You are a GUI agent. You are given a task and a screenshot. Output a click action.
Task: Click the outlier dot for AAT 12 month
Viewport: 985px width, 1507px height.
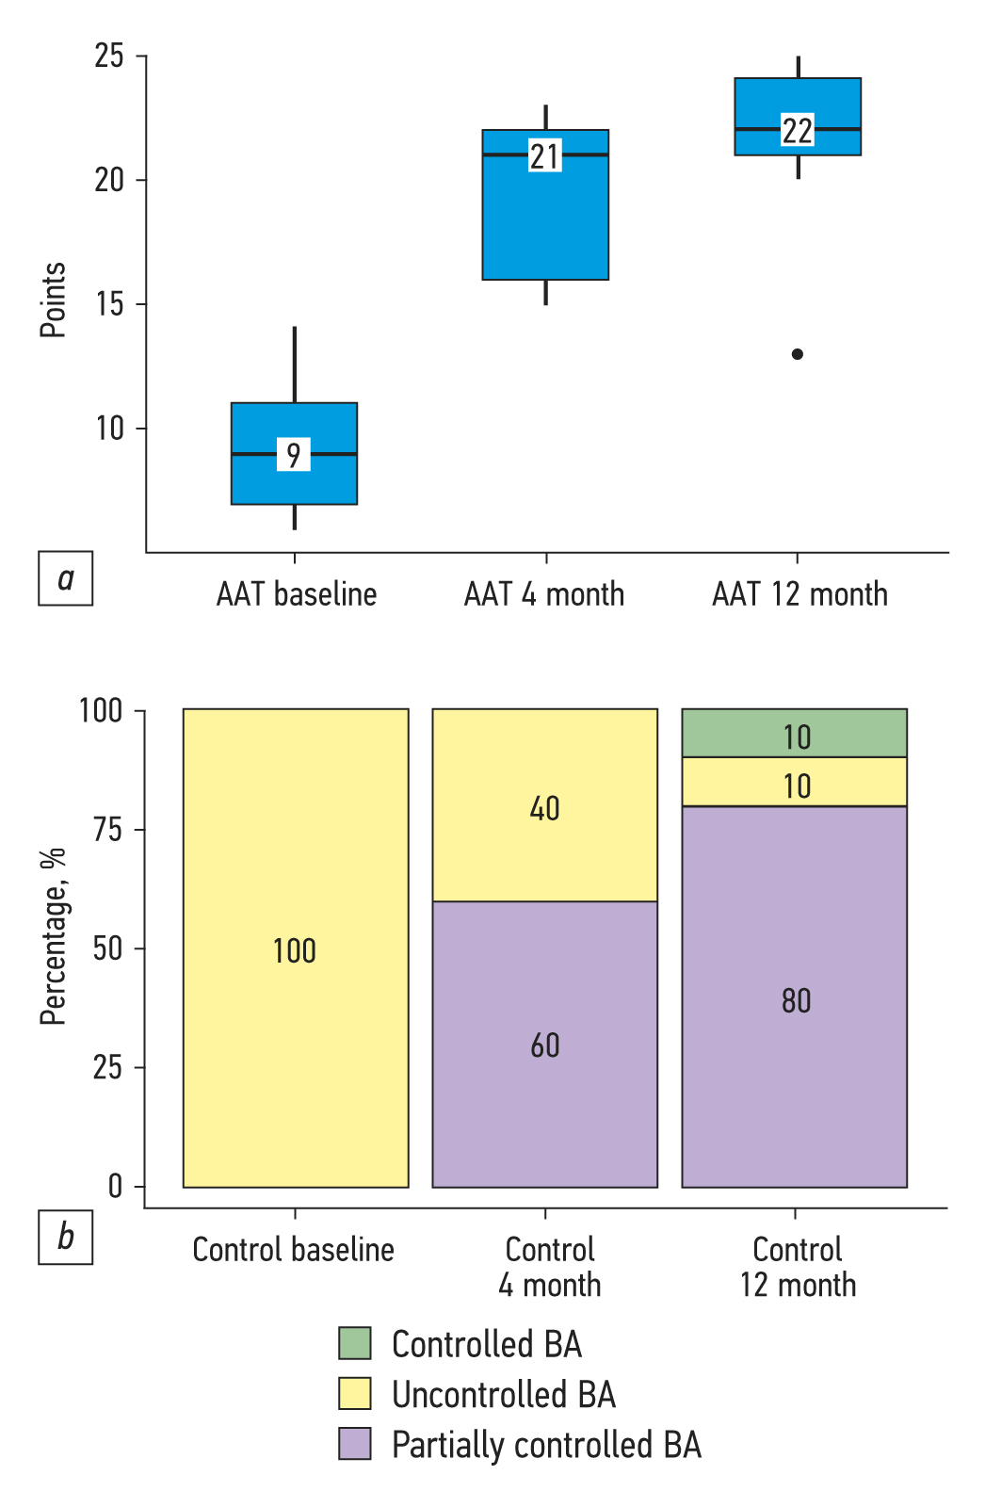pyautogui.click(x=798, y=354)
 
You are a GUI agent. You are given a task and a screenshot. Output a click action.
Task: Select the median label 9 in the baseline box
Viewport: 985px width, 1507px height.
pyautogui.click(x=294, y=455)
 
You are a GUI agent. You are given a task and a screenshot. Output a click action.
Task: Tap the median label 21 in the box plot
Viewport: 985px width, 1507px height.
pyautogui.click(x=545, y=156)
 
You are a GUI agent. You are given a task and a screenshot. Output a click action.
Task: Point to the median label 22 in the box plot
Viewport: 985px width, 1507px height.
pyautogui.click(x=798, y=131)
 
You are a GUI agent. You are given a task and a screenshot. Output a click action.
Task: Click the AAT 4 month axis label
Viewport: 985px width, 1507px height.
pyautogui.click(x=544, y=594)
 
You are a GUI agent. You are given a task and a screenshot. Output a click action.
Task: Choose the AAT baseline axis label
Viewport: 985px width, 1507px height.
pyautogui.click(x=297, y=594)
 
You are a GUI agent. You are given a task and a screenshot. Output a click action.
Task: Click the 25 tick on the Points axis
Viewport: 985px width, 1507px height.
pyautogui.click(x=109, y=57)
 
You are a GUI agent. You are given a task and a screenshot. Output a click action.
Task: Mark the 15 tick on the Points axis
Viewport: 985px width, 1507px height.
pyautogui.click(x=109, y=304)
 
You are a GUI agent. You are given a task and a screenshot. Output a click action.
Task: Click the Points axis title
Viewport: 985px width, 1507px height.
pyautogui.click(x=53, y=300)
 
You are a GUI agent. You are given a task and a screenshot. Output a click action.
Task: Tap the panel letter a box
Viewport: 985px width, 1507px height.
pyautogui.click(x=65, y=578)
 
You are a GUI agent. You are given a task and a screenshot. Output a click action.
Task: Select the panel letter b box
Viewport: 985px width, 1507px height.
pyautogui.click(x=65, y=1237)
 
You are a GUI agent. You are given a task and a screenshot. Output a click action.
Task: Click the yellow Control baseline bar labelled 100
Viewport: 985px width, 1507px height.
pyautogui.click(x=295, y=949)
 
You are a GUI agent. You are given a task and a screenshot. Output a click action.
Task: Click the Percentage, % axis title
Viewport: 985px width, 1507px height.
pyautogui.click(x=53, y=935)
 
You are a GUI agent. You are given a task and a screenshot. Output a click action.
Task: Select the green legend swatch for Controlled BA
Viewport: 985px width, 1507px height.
pyautogui.click(x=355, y=1343)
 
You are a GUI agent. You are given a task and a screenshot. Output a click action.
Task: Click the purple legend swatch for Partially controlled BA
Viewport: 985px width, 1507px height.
pyautogui.click(x=355, y=1444)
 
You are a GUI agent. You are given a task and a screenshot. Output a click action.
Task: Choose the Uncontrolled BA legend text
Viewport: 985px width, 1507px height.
pyautogui.click(x=504, y=1394)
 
